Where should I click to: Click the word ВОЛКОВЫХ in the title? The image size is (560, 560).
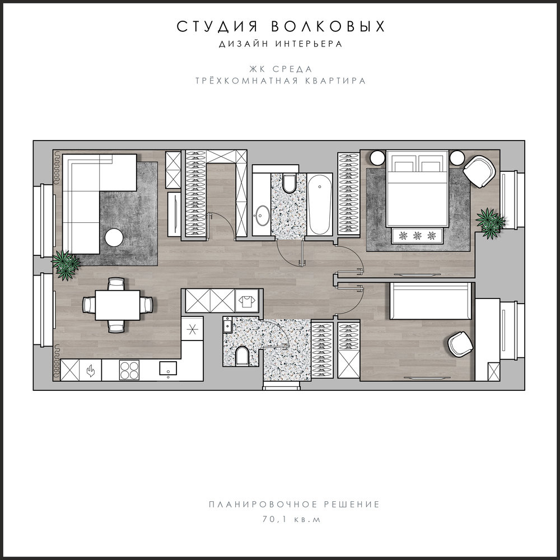click(328, 26)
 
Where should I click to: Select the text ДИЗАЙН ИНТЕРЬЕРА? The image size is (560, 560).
click(281, 44)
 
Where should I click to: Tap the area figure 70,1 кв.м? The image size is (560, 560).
click(292, 519)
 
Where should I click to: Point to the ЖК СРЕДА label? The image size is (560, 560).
click(281, 69)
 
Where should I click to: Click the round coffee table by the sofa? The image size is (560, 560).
click(114, 237)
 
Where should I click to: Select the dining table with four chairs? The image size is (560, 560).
click(118, 305)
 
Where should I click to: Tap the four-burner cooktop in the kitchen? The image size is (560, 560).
click(129, 370)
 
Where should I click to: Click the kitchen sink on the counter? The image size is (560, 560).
click(168, 369)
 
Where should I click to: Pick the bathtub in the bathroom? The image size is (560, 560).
click(320, 204)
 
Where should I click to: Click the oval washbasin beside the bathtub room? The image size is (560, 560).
click(263, 215)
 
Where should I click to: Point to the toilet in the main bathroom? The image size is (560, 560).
click(288, 183)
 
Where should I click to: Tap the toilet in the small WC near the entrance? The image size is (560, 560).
click(242, 356)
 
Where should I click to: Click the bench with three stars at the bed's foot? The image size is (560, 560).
click(417, 236)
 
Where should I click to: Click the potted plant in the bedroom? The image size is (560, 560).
click(490, 223)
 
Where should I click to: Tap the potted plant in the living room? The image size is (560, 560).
click(66, 265)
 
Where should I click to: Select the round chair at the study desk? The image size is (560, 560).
click(460, 344)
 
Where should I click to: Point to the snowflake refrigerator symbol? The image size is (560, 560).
click(192, 329)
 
